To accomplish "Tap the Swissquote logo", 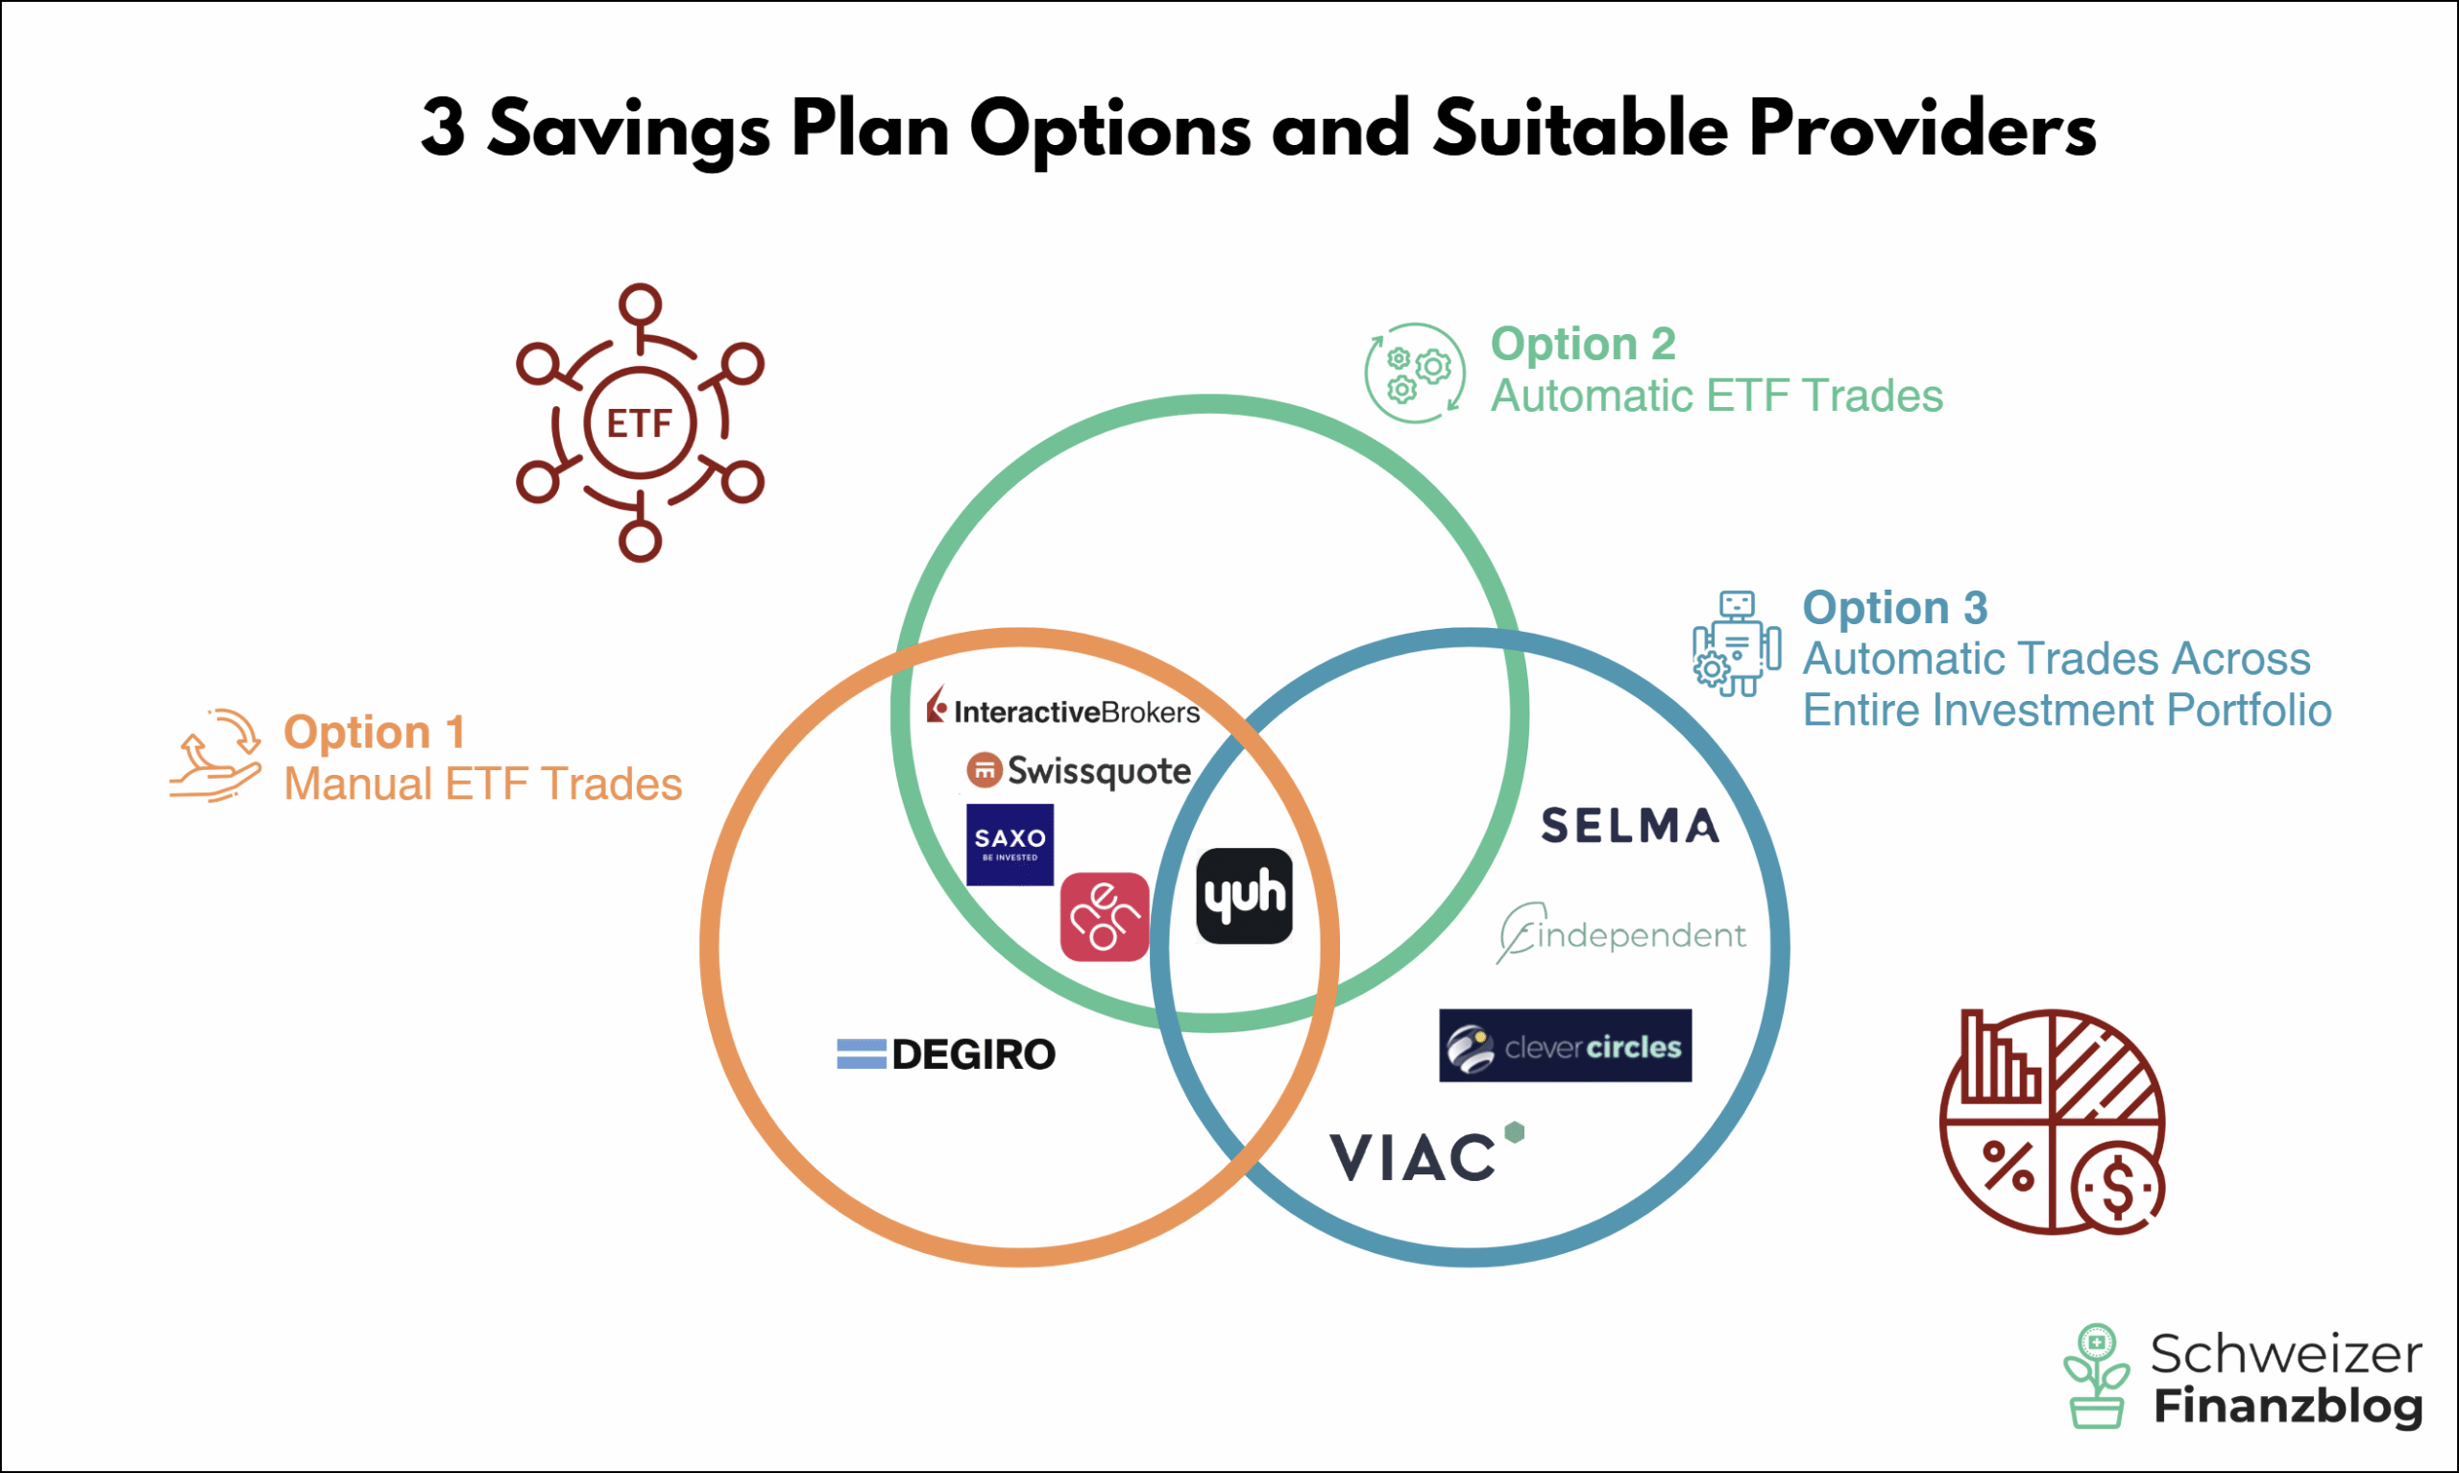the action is tap(1078, 771).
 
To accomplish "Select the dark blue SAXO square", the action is tap(1010, 845).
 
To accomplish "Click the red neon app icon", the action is tap(1105, 917).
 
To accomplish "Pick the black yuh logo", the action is tap(1245, 896).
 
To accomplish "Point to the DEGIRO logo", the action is tap(946, 1054).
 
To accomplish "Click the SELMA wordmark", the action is tap(1630, 826).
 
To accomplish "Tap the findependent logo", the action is tap(1621, 933).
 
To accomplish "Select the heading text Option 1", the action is tap(375, 733).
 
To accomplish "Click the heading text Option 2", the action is tap(1583, 345).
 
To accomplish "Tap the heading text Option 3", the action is tap(1895, 608).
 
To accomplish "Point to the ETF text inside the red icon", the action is tap(641, 423).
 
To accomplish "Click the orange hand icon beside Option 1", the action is tap(215, 756).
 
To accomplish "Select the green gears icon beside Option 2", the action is tap(1415, 374).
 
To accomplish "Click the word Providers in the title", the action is tap(1922, 129).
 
